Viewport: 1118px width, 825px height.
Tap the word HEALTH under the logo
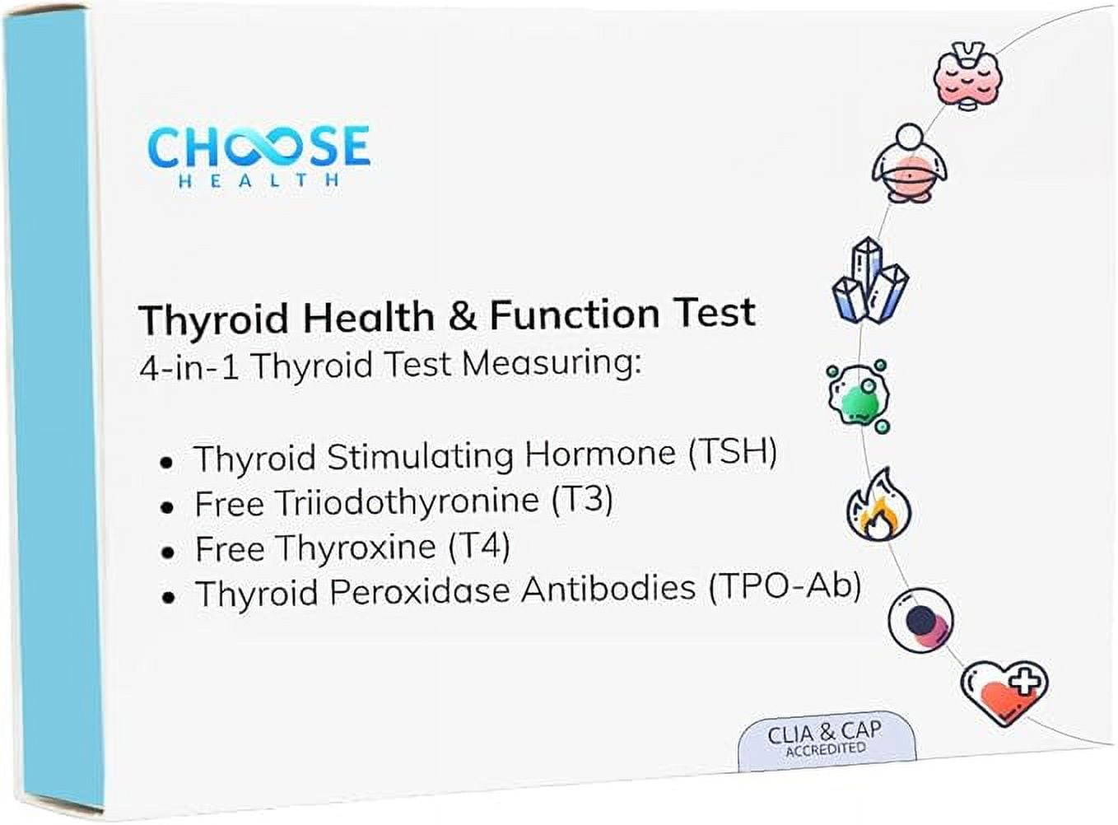[x=259, y=180]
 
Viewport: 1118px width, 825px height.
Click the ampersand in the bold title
[x=462, y=316]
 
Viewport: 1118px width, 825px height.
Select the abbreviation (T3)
[x=582, y=499]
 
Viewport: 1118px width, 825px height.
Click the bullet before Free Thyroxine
[x=168, y=552]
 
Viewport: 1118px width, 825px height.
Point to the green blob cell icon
[x=859, y=397]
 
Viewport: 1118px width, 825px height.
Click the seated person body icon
[x=909, y=165]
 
